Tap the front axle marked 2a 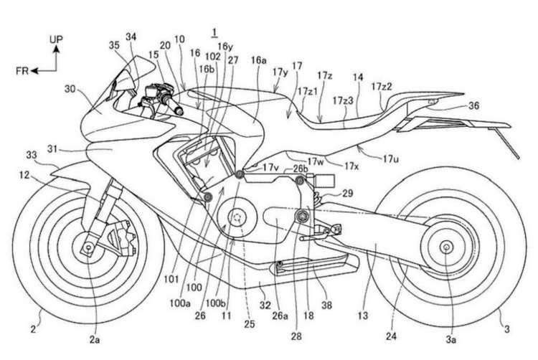click(88, 248)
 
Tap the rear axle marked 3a click(445, 248)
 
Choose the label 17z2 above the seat click(382, 86)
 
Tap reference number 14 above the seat click(358, 75)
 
